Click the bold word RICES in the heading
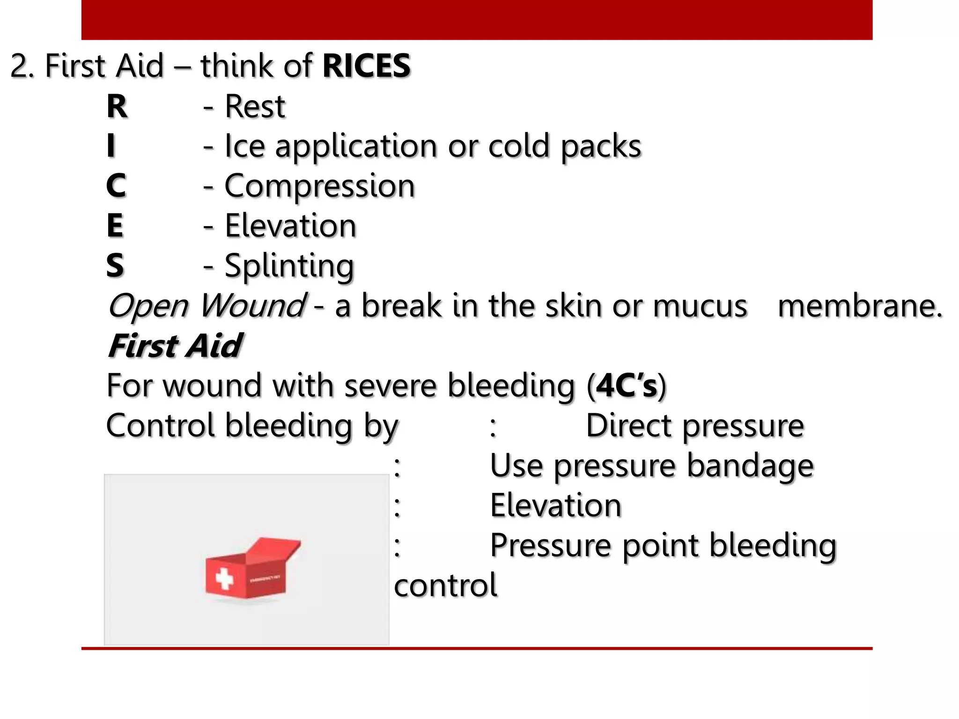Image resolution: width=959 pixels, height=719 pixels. click(x=366, y=66)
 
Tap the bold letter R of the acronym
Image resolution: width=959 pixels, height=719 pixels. click(x=117, y=107)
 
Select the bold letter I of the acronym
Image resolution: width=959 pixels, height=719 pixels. click(x=111, y=146)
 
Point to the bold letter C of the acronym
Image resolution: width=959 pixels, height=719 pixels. click(x=116, y=186)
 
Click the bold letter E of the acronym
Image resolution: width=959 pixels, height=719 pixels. click(x=115, y=226)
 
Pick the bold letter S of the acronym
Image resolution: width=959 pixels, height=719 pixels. click(x=115, y=265)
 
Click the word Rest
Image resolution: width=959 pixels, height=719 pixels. click(x=255, y=107)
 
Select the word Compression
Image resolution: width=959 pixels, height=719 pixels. click(x=319, y=186)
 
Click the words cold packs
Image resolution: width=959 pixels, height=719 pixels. click(x=564, y=147)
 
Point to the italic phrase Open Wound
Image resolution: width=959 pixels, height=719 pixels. click(x=207, y=306)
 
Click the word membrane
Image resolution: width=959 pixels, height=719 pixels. click(x=860, y=306)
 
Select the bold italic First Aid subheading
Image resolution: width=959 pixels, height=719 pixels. click(x=175, y=346)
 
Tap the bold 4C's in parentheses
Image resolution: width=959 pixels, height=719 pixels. click(x=627, y=386)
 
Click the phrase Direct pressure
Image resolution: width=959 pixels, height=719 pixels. click(x=695, y=426)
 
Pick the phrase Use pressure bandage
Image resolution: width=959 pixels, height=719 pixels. click(x=652, y=466)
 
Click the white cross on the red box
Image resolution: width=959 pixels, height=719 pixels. click(x=224, y=579)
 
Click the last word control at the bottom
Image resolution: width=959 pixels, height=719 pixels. click(x=445, y=586)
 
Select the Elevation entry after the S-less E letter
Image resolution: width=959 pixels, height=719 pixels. click(x=290, y=226)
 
